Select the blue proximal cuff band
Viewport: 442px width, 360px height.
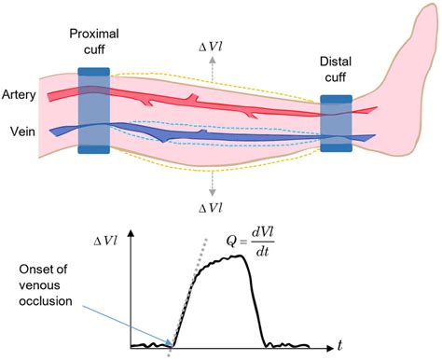pos(94,110)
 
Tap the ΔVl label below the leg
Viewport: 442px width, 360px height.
pos(214,206)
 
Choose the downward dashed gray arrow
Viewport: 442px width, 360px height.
pos(214,182)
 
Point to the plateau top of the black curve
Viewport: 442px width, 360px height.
pos(228,260)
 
